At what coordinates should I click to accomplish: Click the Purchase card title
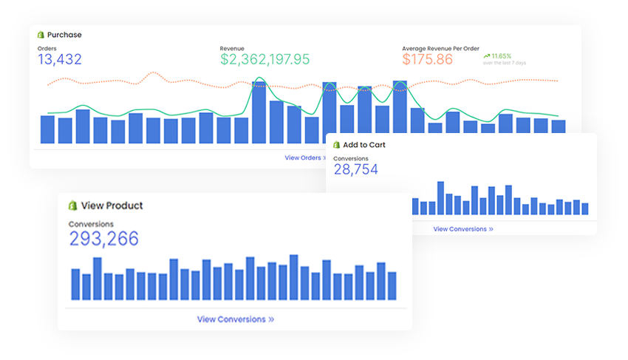pyautogui.click(x=64, y=35)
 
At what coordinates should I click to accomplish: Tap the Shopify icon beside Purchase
pyautogui.click(x=41, y=34)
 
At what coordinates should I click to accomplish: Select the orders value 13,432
pyautogui.click(x=60, y=60)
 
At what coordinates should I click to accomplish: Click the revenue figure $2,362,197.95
pyautogui.click(x=264, y=60)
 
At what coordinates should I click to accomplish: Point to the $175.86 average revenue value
pyautogui.click(x=428, y=60)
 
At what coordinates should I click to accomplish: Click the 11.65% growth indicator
pyautogui.click(x=500, y=55)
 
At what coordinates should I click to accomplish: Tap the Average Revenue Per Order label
pyautogui.click(x=440, y=49)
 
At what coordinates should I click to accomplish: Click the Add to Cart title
pyautogui.click(x=364, y=145)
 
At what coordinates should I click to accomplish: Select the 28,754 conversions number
pyautogui.click(x=355, y=170)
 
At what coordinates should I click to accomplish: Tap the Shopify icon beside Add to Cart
pyautogui.click(x=336, y=145)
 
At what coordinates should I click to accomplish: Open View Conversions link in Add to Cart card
pyautogui.click(x=463, y=229)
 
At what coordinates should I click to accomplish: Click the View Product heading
pyautogui.click(x=112, y=206)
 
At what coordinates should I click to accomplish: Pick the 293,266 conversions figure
pyautogui.click(x=104, y=238)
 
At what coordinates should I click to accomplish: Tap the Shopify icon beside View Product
pyautogui.click(x=73, y=206)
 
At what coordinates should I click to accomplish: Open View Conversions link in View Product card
pyautogui.click(x=235, y=319)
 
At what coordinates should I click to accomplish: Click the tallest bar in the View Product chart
pyautogui.click(x=294, y=277)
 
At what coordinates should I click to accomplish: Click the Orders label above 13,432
pyautogui.click(x=47, y=49)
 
